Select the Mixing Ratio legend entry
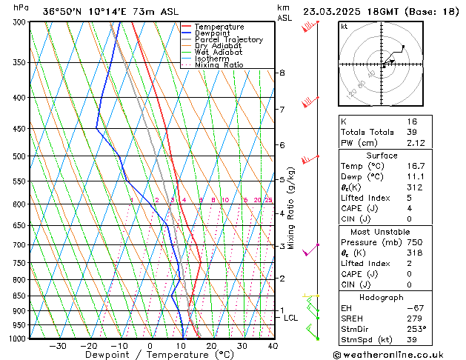pyautogui.click(x=219, y=65)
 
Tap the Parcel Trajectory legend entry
pyautogui.click(x=228, y=39)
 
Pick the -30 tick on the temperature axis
pyautogui.click(x=58, y=346)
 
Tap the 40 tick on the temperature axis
pyautogui.click(x=273, y=346)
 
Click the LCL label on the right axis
pyautogui.click(x=291, y=318)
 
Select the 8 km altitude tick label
pyautogui.click(x=282, y=73)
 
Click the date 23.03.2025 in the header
pyautogui.click(x=332, y=12)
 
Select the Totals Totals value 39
pyautogui.click(x=433, y=132)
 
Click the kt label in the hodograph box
pyautogui.click(x=344, y=27)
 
